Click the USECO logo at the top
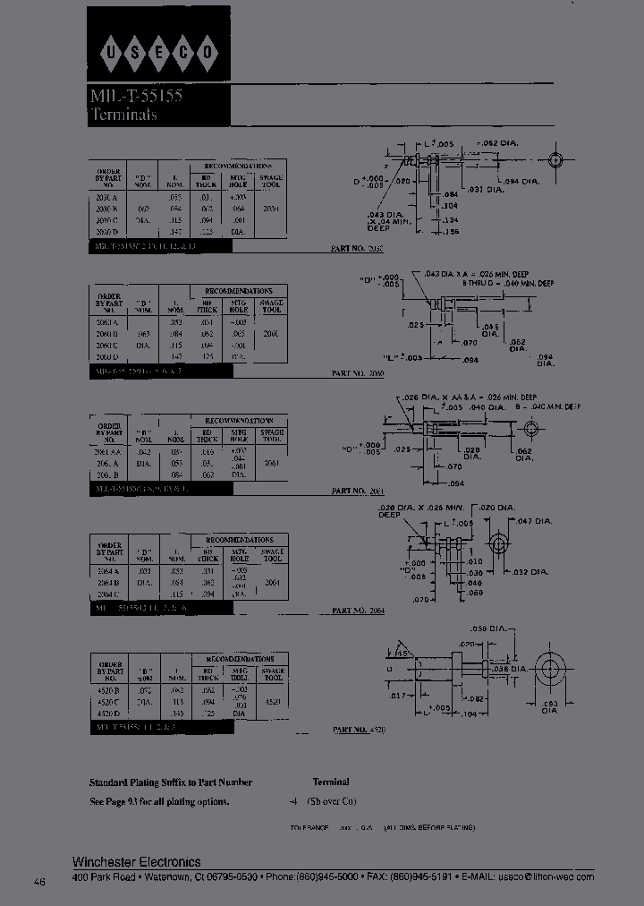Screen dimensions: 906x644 pos(158,51)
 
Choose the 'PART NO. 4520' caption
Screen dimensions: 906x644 pos(359,730)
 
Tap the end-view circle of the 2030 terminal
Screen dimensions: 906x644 pos(556,161)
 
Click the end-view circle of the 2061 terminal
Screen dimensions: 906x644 pos(531,429)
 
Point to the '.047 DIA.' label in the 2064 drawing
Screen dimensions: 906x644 pos(536,520)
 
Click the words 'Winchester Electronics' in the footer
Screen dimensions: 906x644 pos(136,861)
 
